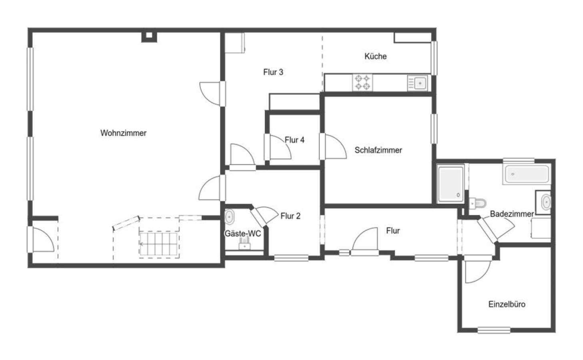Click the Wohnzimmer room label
[x=123, y=133]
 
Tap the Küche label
[x=375, y=56]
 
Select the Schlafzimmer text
[x=378, y=150]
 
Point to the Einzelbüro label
[x=507, y=304]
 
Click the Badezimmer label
[x=512, y=214]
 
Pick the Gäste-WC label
[x=242, y=234]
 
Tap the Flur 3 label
[x=273, y=72]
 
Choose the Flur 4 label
[x=295, y=140]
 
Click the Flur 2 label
[x=290, y=216]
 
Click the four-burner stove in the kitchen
[x=362, y=82]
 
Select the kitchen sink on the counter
[x=417, y=83]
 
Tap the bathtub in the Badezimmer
[x=527, y=174]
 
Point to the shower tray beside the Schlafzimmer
[x=451, y=184]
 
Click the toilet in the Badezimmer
[x=478, y=203]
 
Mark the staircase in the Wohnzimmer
[x=159, y=244]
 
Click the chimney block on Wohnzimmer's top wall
[x=149, y=37]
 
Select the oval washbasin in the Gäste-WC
[x=229, y=216]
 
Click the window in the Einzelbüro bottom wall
[x=494, y=330]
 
